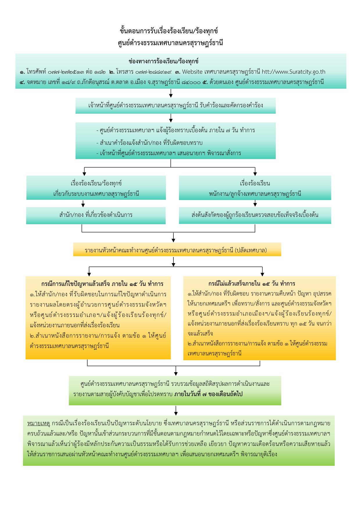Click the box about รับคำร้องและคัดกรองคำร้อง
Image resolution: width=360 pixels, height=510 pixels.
[x=175, y=105]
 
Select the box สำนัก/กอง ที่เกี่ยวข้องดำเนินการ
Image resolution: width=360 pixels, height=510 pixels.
[x=96, y=215]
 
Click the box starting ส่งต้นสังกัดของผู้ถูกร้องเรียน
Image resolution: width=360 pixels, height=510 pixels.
[x=255, y=215]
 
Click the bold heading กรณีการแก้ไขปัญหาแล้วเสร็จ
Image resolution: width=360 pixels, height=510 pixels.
[x=102, y=284]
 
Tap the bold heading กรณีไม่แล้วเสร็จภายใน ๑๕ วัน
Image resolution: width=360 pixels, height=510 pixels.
[x=252, y=284]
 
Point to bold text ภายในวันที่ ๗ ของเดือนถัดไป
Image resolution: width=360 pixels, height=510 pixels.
[x=209, y=394]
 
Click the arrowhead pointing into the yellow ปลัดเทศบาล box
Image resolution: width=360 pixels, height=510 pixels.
[x=173, y=240]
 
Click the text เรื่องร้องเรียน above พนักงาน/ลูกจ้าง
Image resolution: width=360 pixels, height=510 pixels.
[x=255, y=183]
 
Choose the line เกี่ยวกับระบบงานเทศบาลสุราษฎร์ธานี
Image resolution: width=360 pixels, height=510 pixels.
[x=96, y=194]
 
